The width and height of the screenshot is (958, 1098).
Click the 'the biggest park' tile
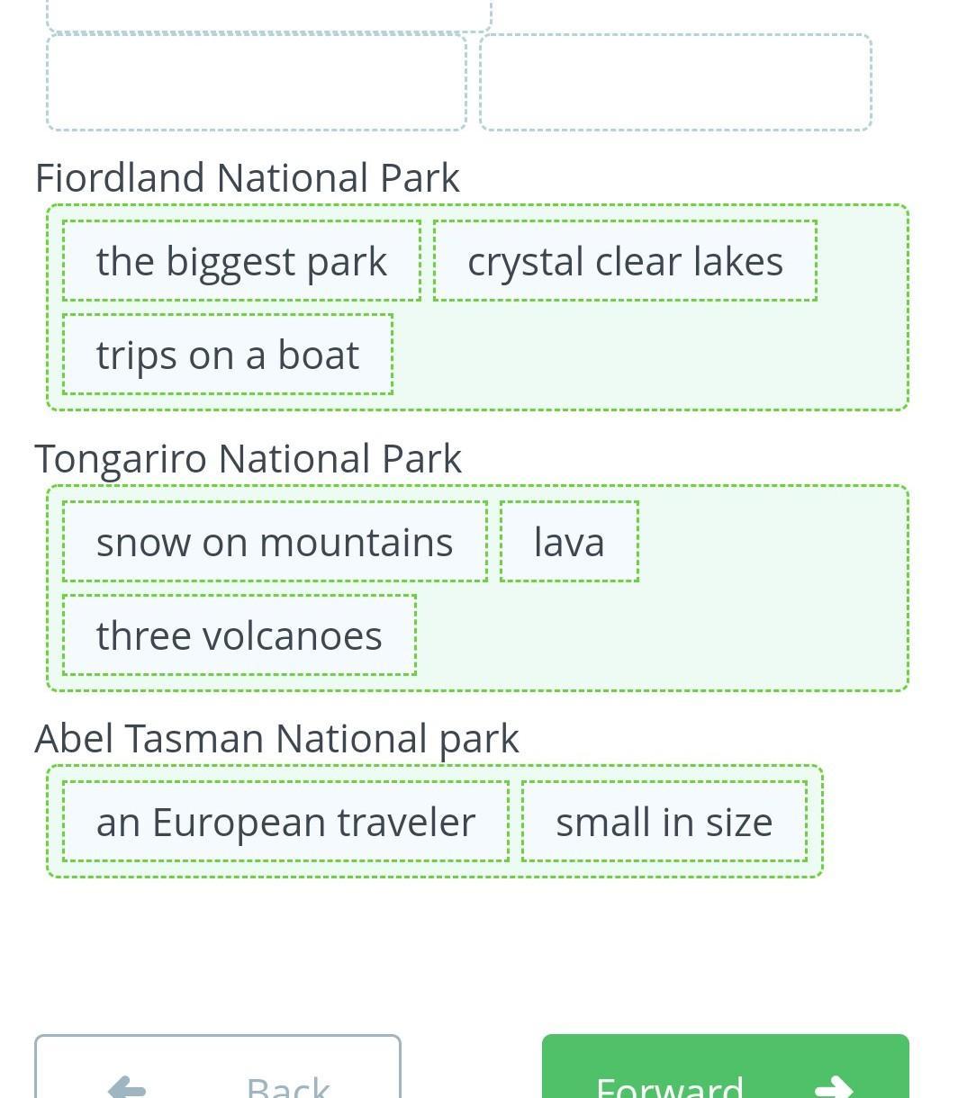click(241, 261)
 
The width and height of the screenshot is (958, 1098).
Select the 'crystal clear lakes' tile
click(625, 261)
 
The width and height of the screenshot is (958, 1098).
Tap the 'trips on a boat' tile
click(228, 355)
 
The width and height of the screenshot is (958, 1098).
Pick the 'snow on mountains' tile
click(275, 542)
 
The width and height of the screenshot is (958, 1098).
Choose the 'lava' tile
click(569, 542)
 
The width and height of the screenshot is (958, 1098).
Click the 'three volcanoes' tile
click(239, 634)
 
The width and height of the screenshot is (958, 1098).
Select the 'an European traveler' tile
click(285, 822)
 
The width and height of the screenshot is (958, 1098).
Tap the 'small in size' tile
click(664, 822)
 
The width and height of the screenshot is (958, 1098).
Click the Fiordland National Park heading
click(248, 177)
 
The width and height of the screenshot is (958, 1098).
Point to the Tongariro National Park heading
click(248, 459)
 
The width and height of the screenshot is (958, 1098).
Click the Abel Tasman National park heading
click(277, 740)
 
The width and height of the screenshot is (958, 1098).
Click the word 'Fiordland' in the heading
click(120, 177)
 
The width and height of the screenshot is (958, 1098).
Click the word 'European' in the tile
click(239, 823)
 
